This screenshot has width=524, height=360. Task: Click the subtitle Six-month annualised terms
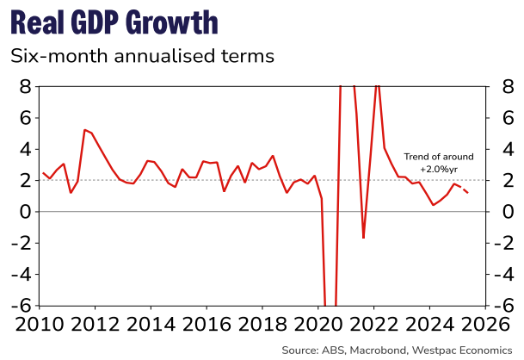point(141,57)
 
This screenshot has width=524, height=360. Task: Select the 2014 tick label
point(151,326)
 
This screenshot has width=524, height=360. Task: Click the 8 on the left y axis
point(26,87)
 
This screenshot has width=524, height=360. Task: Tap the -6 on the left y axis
point(22,306)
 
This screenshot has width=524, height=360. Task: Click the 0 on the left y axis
point(26,212)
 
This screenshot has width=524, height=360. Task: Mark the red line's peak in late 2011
point(84,130)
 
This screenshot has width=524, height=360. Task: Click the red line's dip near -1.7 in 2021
point(363,238)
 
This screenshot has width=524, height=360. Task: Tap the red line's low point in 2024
point(434,205)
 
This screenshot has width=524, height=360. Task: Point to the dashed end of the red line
point(462,189)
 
